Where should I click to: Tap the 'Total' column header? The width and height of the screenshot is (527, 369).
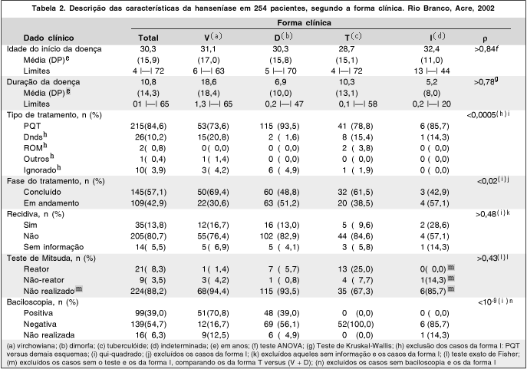click(x=148, y=37)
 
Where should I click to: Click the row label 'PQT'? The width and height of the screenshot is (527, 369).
click(x=31, y=125)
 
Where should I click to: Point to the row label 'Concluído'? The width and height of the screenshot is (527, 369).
click(x=44, y=189)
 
